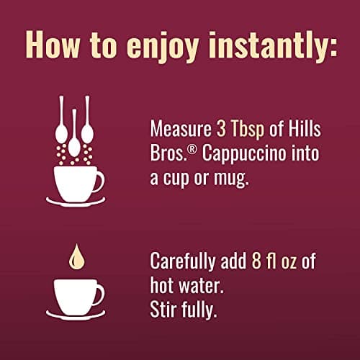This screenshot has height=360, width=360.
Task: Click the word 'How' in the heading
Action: [53, 45]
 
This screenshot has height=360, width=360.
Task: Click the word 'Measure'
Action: [181, 129]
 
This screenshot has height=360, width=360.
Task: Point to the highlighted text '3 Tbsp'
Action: [240, 130]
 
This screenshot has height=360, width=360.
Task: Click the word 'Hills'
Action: [305, 128]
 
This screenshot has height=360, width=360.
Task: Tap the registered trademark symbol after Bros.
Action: [192, 150]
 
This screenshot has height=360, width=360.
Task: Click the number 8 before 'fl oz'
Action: [256, 261]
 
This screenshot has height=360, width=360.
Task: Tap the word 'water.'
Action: [202, 286]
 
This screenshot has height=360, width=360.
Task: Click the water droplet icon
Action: [76, 257]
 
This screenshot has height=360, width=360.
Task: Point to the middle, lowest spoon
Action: [74, 135]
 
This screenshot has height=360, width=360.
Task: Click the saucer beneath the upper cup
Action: [76, 202]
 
